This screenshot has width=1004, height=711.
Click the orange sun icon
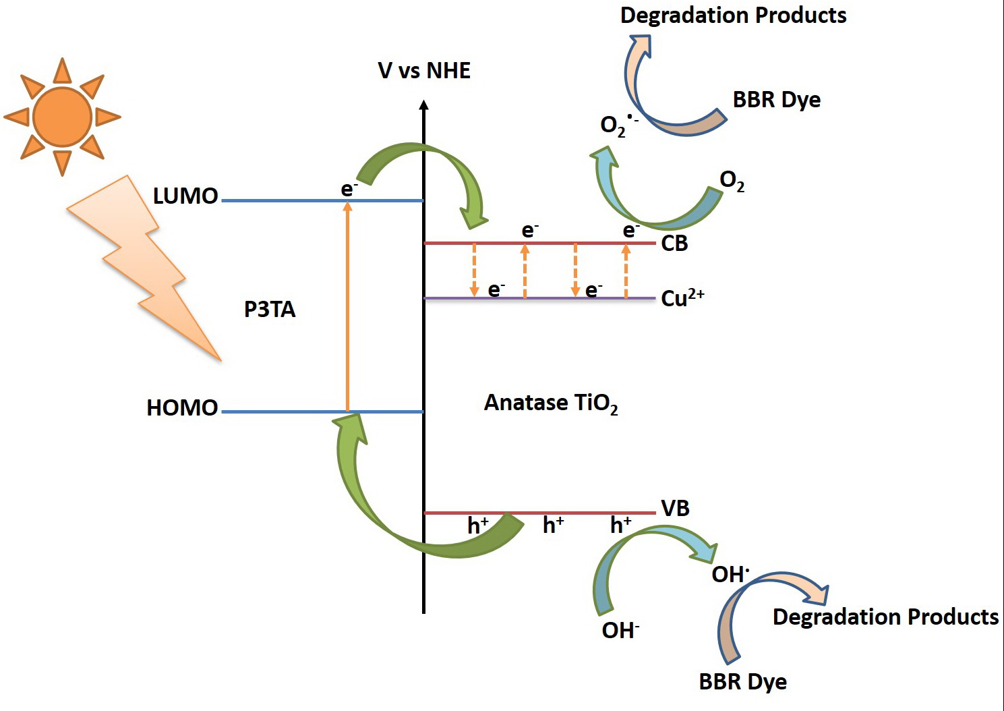(x=62, y=117)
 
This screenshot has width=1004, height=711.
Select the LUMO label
(x=185, y=196)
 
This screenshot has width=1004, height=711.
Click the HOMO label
(x=182, y=408)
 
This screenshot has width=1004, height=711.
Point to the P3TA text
(x=270, y=310)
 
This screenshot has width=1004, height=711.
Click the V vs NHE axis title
(x=424, y=71)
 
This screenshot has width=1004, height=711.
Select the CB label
(x=674, y=244)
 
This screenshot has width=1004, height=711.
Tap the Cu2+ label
(x=682, y=298)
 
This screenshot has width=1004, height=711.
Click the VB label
(x=675, y=509)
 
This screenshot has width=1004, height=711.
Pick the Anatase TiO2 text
(x=551, y=403)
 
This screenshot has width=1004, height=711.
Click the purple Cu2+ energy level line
(x=539, y=298)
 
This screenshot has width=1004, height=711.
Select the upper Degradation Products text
(x=733, y=16)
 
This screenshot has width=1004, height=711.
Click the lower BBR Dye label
(x=742, y=681)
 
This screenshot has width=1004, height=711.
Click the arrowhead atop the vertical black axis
(x=423, y=105)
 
